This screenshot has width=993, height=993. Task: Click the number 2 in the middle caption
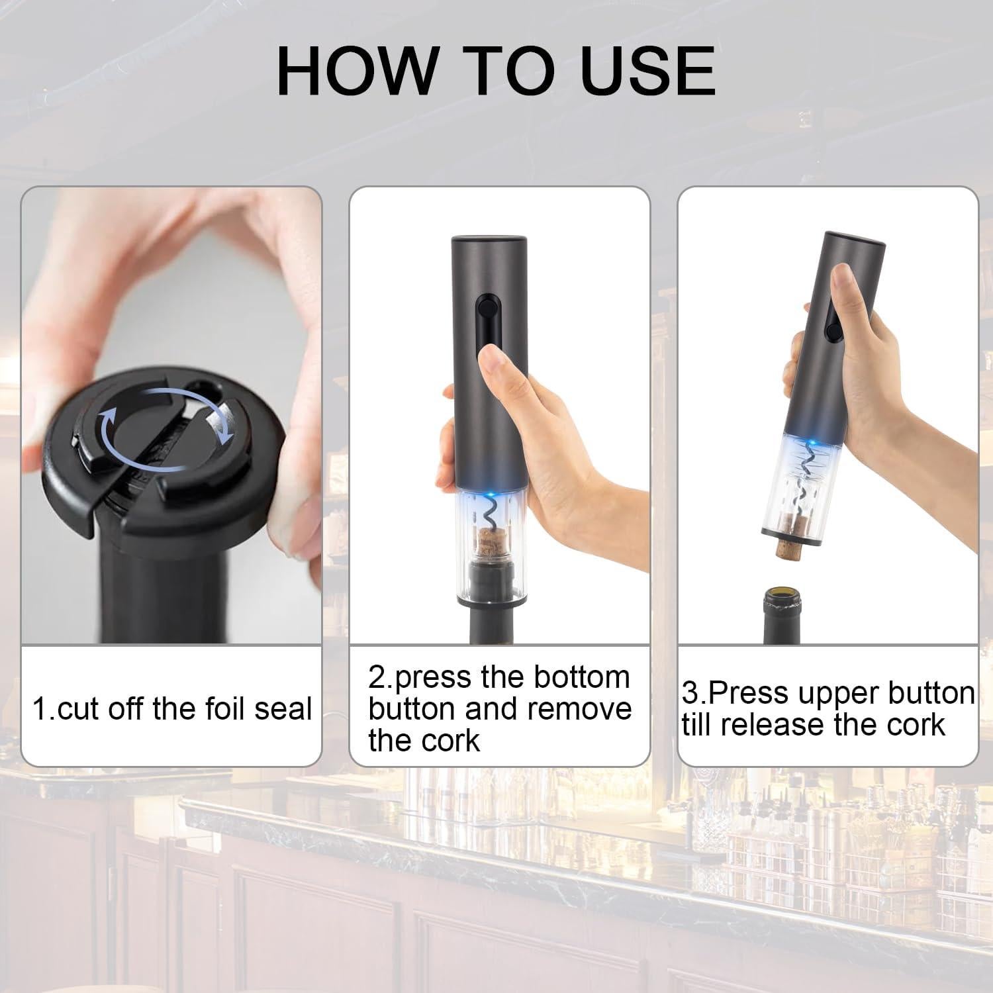(x=376, y=678)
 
